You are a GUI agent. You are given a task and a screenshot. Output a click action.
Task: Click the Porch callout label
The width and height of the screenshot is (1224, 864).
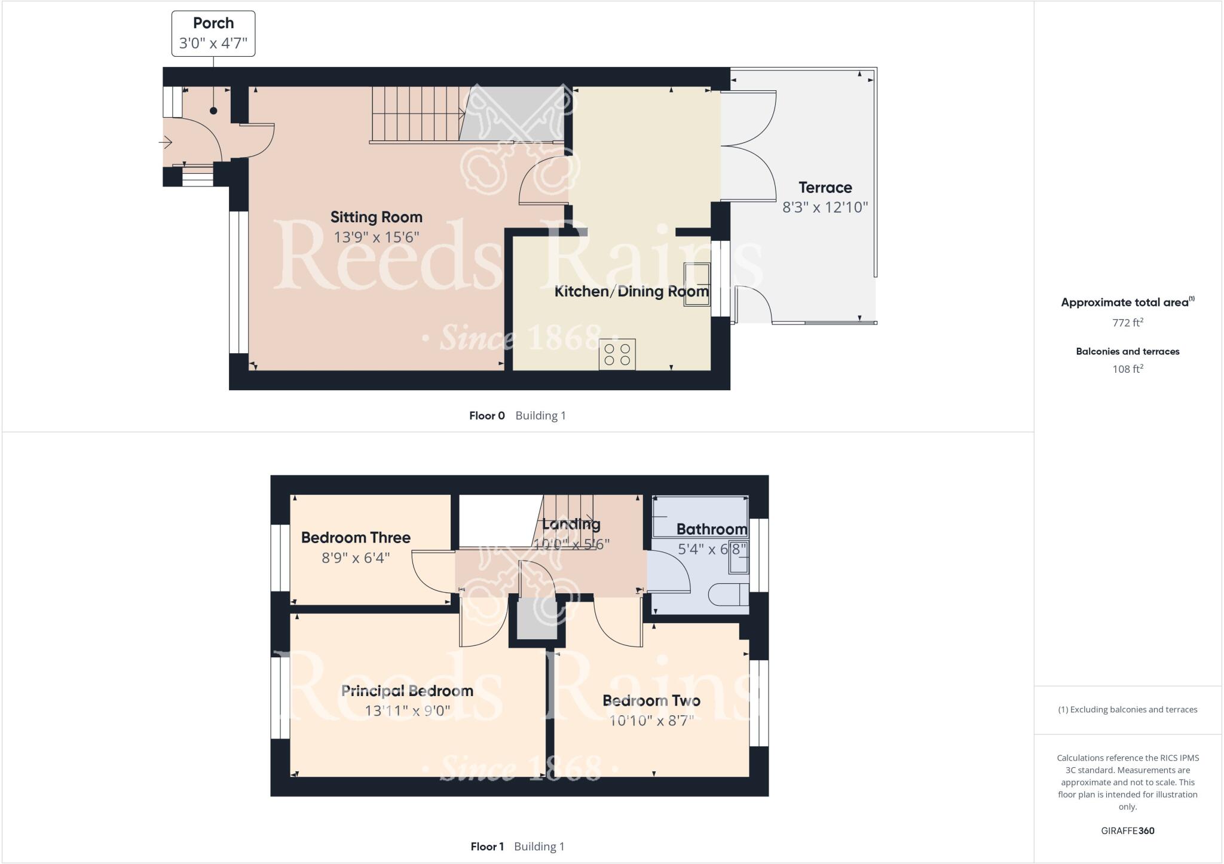pos(213,33)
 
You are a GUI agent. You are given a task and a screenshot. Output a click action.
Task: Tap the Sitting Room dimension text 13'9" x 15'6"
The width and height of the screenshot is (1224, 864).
pos(376,237)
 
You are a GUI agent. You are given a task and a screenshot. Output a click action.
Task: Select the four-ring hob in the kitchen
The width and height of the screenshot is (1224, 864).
pos(617,354)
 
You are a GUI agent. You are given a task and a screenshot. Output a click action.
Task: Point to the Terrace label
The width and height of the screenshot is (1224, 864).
pos(825,188)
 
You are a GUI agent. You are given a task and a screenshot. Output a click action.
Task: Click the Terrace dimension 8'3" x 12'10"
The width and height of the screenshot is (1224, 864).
pos(825,207)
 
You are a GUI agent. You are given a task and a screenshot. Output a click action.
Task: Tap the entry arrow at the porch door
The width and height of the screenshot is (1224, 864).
pos(166,142)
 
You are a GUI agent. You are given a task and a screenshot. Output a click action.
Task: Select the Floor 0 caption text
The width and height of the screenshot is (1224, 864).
pos(486,416)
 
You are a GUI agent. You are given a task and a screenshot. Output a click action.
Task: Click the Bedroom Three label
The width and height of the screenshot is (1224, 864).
pos(356,538)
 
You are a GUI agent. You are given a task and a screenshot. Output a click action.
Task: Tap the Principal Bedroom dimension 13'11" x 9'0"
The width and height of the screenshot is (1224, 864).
pos(407,710)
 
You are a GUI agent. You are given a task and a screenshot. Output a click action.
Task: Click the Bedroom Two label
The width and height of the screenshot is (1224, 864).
pos(651,700)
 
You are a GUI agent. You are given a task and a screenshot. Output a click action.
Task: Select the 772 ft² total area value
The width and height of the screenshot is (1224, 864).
pos(1127,323)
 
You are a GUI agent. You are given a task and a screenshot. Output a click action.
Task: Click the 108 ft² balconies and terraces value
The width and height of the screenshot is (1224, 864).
pos(1127,369)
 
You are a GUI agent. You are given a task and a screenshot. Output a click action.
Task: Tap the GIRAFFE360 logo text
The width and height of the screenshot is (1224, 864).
pos(1127,831)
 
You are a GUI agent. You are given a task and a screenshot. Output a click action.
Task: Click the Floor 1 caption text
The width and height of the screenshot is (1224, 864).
pos(487,847)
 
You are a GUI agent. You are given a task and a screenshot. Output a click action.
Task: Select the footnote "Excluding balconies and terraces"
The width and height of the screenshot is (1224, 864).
pos(1127,710)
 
